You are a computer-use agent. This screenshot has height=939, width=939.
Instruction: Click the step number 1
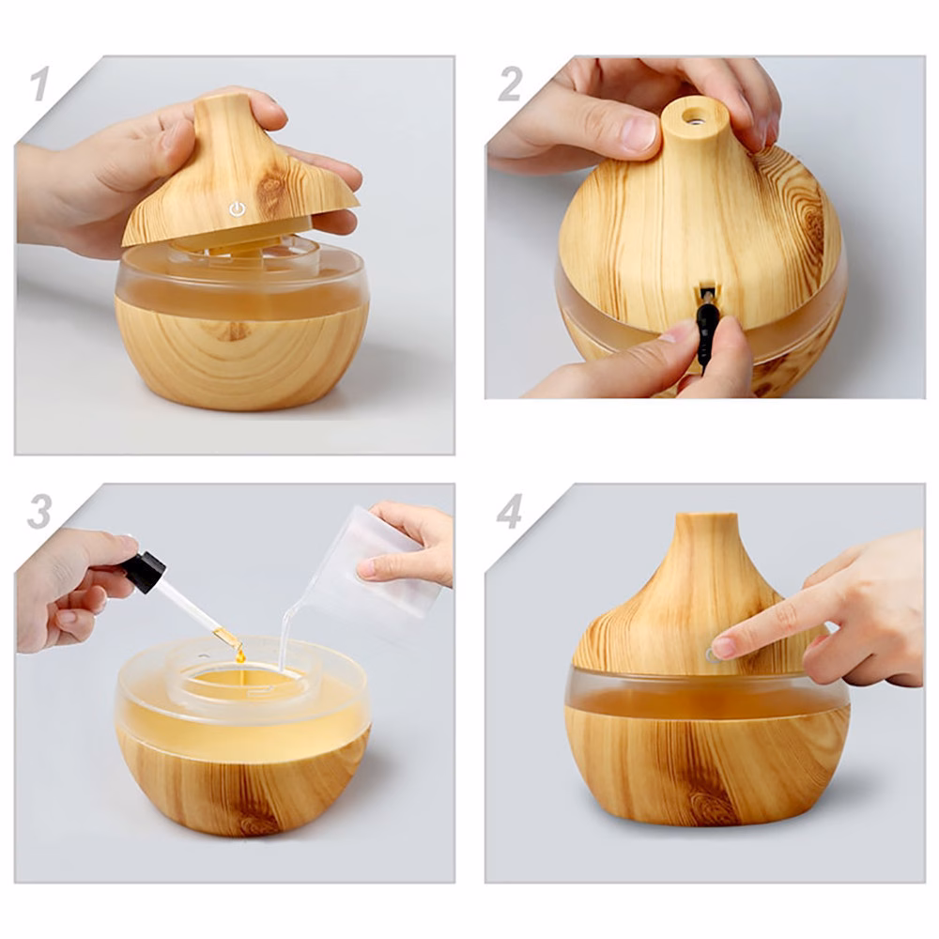[x=38, y=84]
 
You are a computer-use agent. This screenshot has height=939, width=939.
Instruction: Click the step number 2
[x=510, y=84]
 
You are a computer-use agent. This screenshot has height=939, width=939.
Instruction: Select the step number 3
[x=39, y=512]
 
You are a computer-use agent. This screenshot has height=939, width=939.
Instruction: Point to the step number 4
[x=510, y=512]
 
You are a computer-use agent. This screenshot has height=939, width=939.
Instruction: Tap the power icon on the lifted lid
[x=238, y=209]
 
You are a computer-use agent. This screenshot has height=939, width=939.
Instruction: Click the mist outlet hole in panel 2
[x=695, y=117]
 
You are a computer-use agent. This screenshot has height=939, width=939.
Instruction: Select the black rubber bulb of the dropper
[x=146, y=572]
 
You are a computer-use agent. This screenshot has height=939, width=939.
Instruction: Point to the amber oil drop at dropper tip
[x=240, y=656]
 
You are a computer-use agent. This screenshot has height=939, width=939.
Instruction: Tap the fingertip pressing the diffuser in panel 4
[x=723, y=647]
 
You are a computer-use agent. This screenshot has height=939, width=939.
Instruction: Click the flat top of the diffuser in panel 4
[x=706, y=516]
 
